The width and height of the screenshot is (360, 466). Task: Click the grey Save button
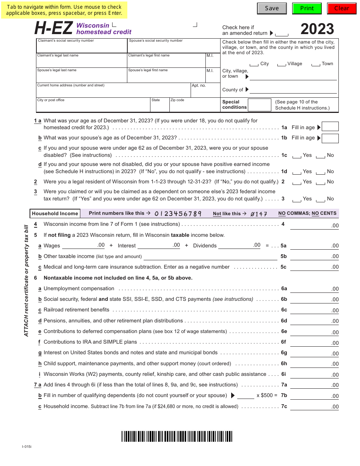click(272, 8)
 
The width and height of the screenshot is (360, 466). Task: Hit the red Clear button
click(341, 8)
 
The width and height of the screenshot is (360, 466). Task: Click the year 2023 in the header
click(317, 29)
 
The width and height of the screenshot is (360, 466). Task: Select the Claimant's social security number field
click(82, 47)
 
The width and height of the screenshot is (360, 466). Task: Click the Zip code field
click(194, 106)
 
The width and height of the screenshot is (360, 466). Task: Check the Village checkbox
click(282, 64)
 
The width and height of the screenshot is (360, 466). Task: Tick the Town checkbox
click(316, 64)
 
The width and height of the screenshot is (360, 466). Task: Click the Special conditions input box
click(259, 105)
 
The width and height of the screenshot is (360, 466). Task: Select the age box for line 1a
click(330, 127)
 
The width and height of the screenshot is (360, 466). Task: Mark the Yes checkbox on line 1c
click(297, 156)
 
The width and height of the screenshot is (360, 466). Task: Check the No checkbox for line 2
click(321, 182)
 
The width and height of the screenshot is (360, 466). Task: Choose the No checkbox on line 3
click(321, 199)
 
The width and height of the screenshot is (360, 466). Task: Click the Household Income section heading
click(55, 214)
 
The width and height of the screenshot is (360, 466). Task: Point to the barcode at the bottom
click(177, 436)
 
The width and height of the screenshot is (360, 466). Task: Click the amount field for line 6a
click(314, 289)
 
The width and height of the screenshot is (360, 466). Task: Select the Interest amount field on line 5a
click(159, 245)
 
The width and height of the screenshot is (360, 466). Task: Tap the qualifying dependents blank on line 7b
click(246, 396)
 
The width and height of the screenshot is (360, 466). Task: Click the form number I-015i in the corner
click(27, 447)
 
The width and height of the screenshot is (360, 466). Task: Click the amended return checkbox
click(282, 34)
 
